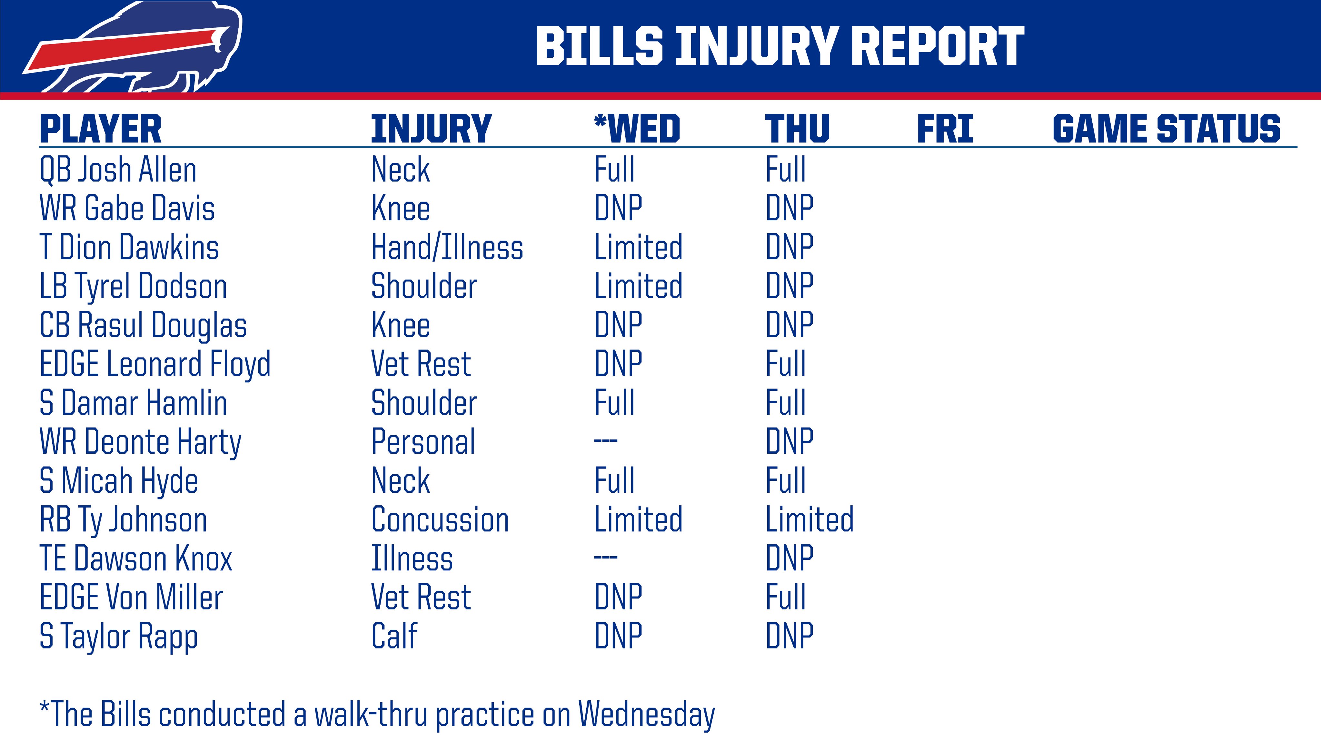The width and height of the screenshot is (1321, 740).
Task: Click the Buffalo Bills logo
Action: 132,47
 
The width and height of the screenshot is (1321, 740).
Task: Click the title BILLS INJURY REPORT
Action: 780,47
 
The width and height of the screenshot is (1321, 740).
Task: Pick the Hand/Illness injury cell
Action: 447,247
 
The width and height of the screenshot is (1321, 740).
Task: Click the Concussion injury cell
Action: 440,519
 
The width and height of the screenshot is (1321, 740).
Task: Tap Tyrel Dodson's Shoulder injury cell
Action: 424,286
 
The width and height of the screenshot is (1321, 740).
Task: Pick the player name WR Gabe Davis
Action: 127,209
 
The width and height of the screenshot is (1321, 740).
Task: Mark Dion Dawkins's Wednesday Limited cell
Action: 639,247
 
